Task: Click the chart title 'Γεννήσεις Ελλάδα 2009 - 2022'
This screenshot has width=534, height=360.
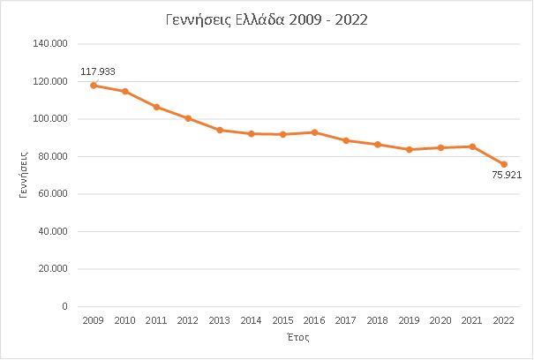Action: [x=266, y=19]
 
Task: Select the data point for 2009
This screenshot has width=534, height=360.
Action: [x=94, y=86]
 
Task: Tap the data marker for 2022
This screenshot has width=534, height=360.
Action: [x=504, y=164]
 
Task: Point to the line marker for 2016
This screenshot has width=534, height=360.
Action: [x=314, y=132]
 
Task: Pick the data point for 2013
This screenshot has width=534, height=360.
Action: [x=220, y=130]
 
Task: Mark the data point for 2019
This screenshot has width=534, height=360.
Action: [x=410, y=149]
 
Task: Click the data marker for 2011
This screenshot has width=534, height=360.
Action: [x=156, y=107]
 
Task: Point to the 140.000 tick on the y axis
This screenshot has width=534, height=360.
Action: [x=51, y=44]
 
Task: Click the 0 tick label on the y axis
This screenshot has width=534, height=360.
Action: [x=65, y=307]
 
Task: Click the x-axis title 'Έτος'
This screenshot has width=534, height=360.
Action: [x=298, y=339]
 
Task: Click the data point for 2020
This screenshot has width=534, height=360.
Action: [x=440, y=147]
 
